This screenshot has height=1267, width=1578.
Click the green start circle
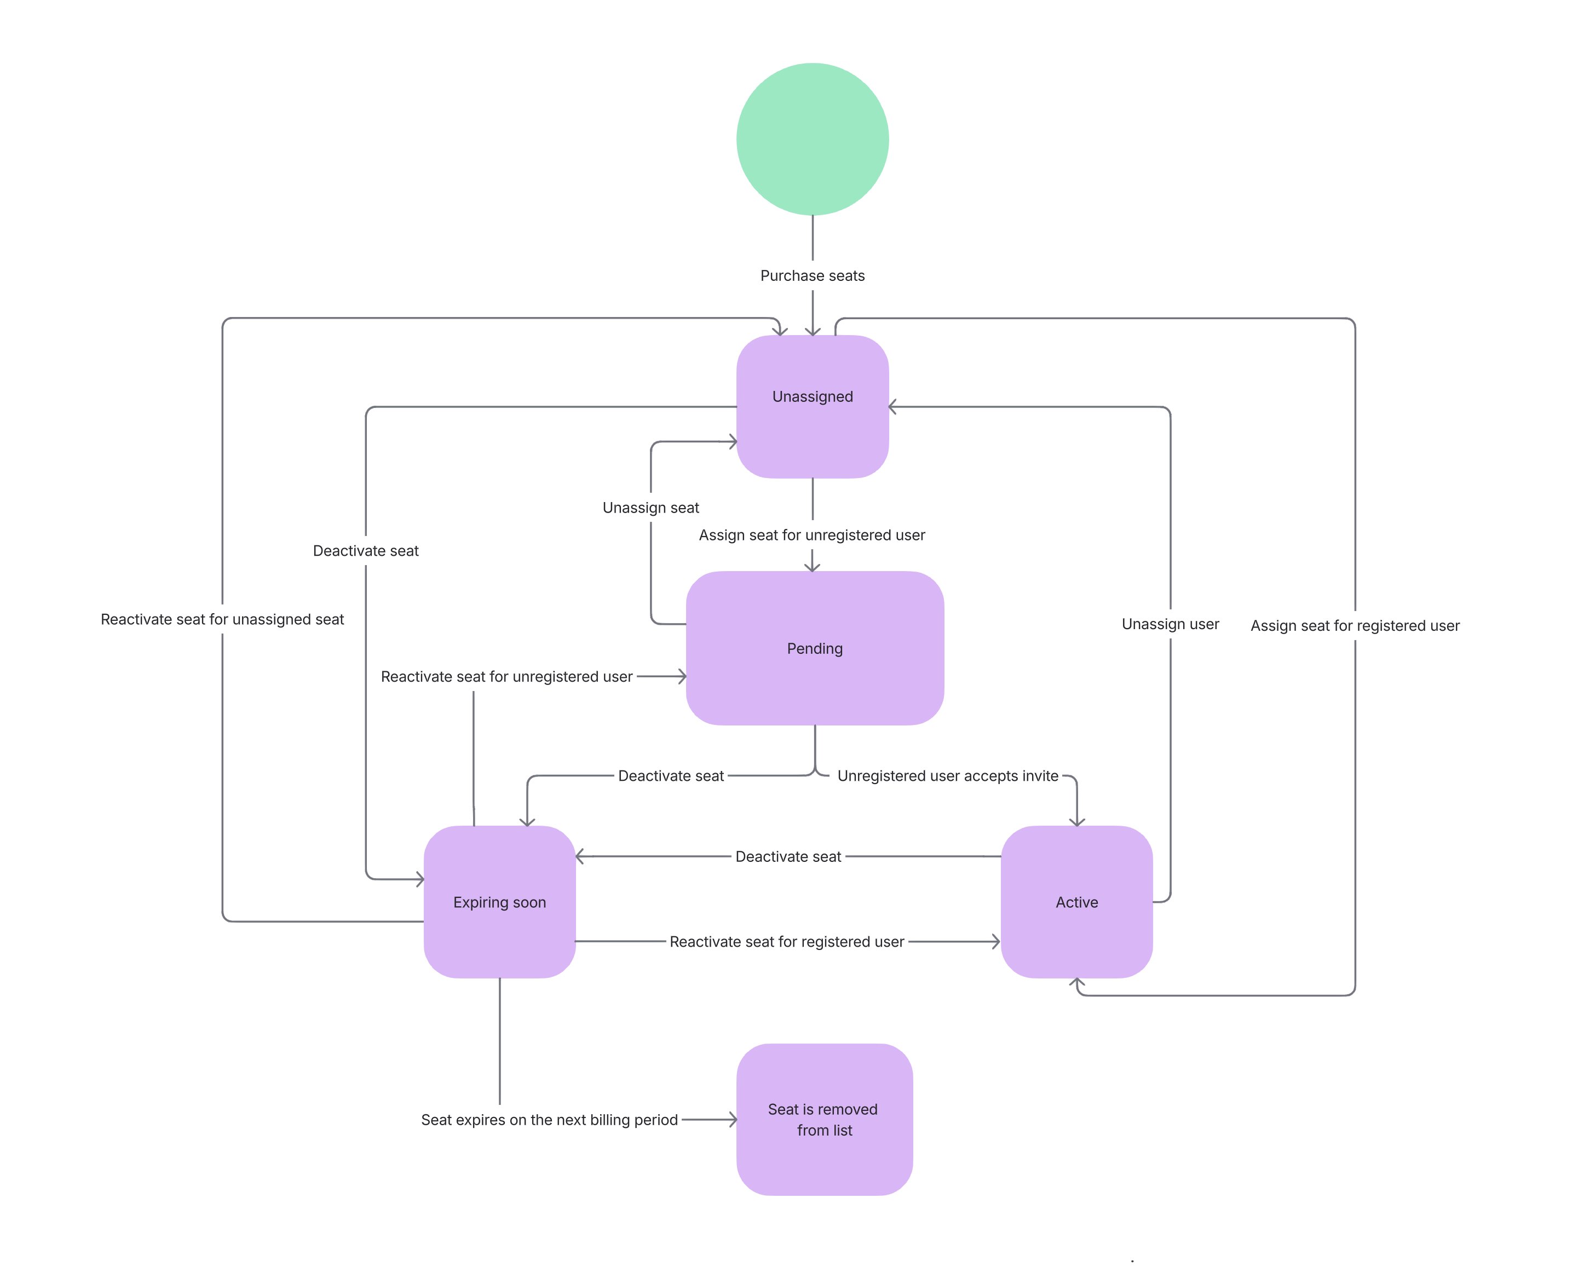(813, 139)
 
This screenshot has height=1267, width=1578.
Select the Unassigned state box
(813, 407)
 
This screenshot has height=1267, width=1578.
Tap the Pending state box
(815, 648)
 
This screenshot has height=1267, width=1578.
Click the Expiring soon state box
(499, 902)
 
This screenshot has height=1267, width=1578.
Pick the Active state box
(1076, 902)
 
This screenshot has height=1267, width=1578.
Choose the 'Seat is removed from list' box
(824, 1119)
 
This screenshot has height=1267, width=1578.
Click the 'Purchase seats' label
(813, 276)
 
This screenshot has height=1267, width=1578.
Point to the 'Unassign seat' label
(650, 507)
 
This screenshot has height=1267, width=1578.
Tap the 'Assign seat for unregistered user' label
(811, 535)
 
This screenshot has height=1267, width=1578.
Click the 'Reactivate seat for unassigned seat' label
(222, 619)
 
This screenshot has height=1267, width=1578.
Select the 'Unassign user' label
(1170, 624)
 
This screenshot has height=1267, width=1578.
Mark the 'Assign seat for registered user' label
(1355, 626)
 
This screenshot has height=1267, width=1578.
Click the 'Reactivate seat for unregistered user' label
(506, 676)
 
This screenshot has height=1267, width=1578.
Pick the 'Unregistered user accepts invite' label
(948, 776)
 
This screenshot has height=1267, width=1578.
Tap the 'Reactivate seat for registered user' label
(787, 941)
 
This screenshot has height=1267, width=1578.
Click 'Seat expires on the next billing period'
(549, 1120)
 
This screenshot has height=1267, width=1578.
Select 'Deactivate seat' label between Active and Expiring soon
(788, 856)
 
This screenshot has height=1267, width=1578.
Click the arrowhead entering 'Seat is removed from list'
(733, 1119)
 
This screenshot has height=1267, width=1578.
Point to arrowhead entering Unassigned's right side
(892, 407)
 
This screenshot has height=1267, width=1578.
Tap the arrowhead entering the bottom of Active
(1076, 982)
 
